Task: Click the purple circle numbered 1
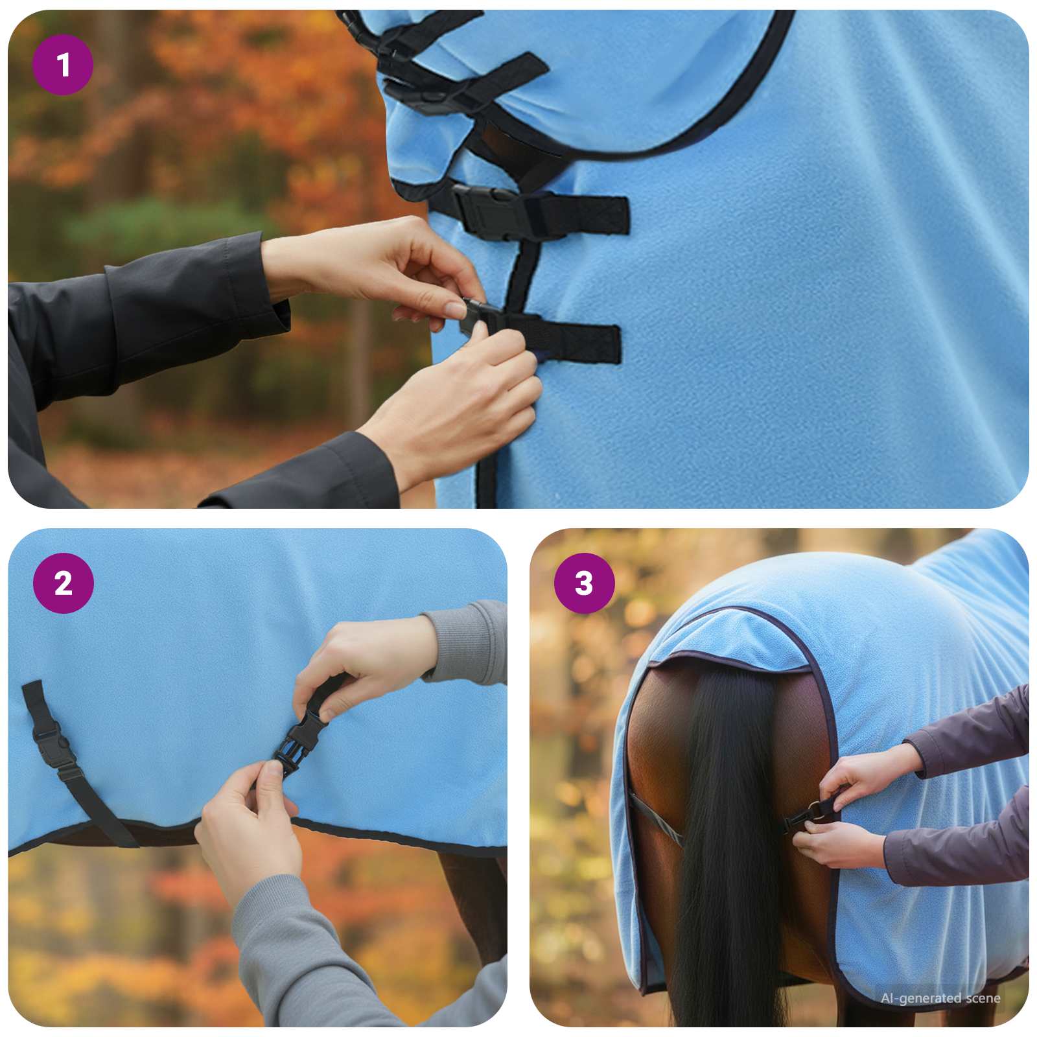[x=63, y=65]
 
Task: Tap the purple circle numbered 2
[x=63, y=583]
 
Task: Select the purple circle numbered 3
[x=584, y=583]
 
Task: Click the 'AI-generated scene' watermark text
[x=940, y=998]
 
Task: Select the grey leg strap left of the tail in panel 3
[x=655, y=820]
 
